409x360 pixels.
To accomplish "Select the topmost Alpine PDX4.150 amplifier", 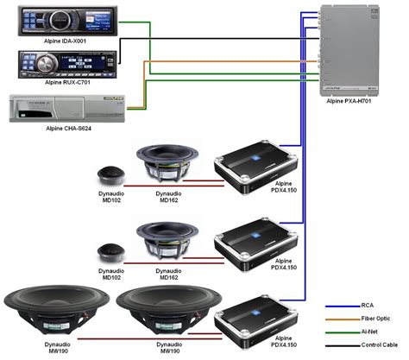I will tap(255, 165).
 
